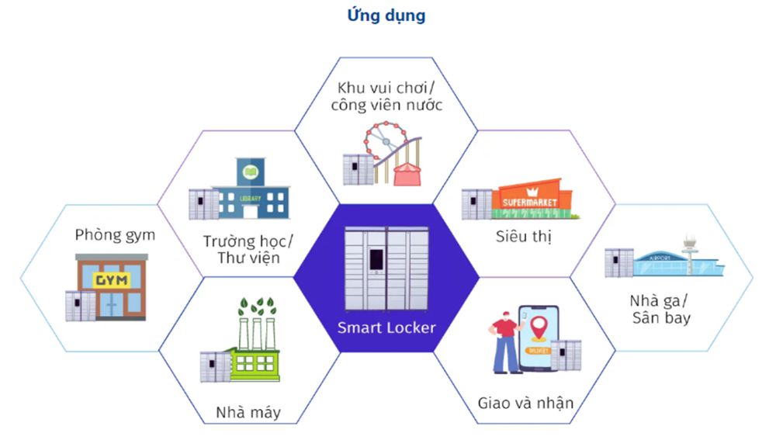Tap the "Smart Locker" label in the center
click(x=386, y=327)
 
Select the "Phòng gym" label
click(x=115, y=235)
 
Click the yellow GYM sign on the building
click(x=111, y=281)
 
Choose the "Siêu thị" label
click(x=523, y=237)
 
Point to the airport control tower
click(x=689, y=249)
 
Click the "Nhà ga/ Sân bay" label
click(x=660, y=309)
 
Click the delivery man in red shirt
click(x=504, y=341)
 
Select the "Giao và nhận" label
click(x=525, y=402)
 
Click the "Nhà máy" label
click(x=248, y=412)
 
